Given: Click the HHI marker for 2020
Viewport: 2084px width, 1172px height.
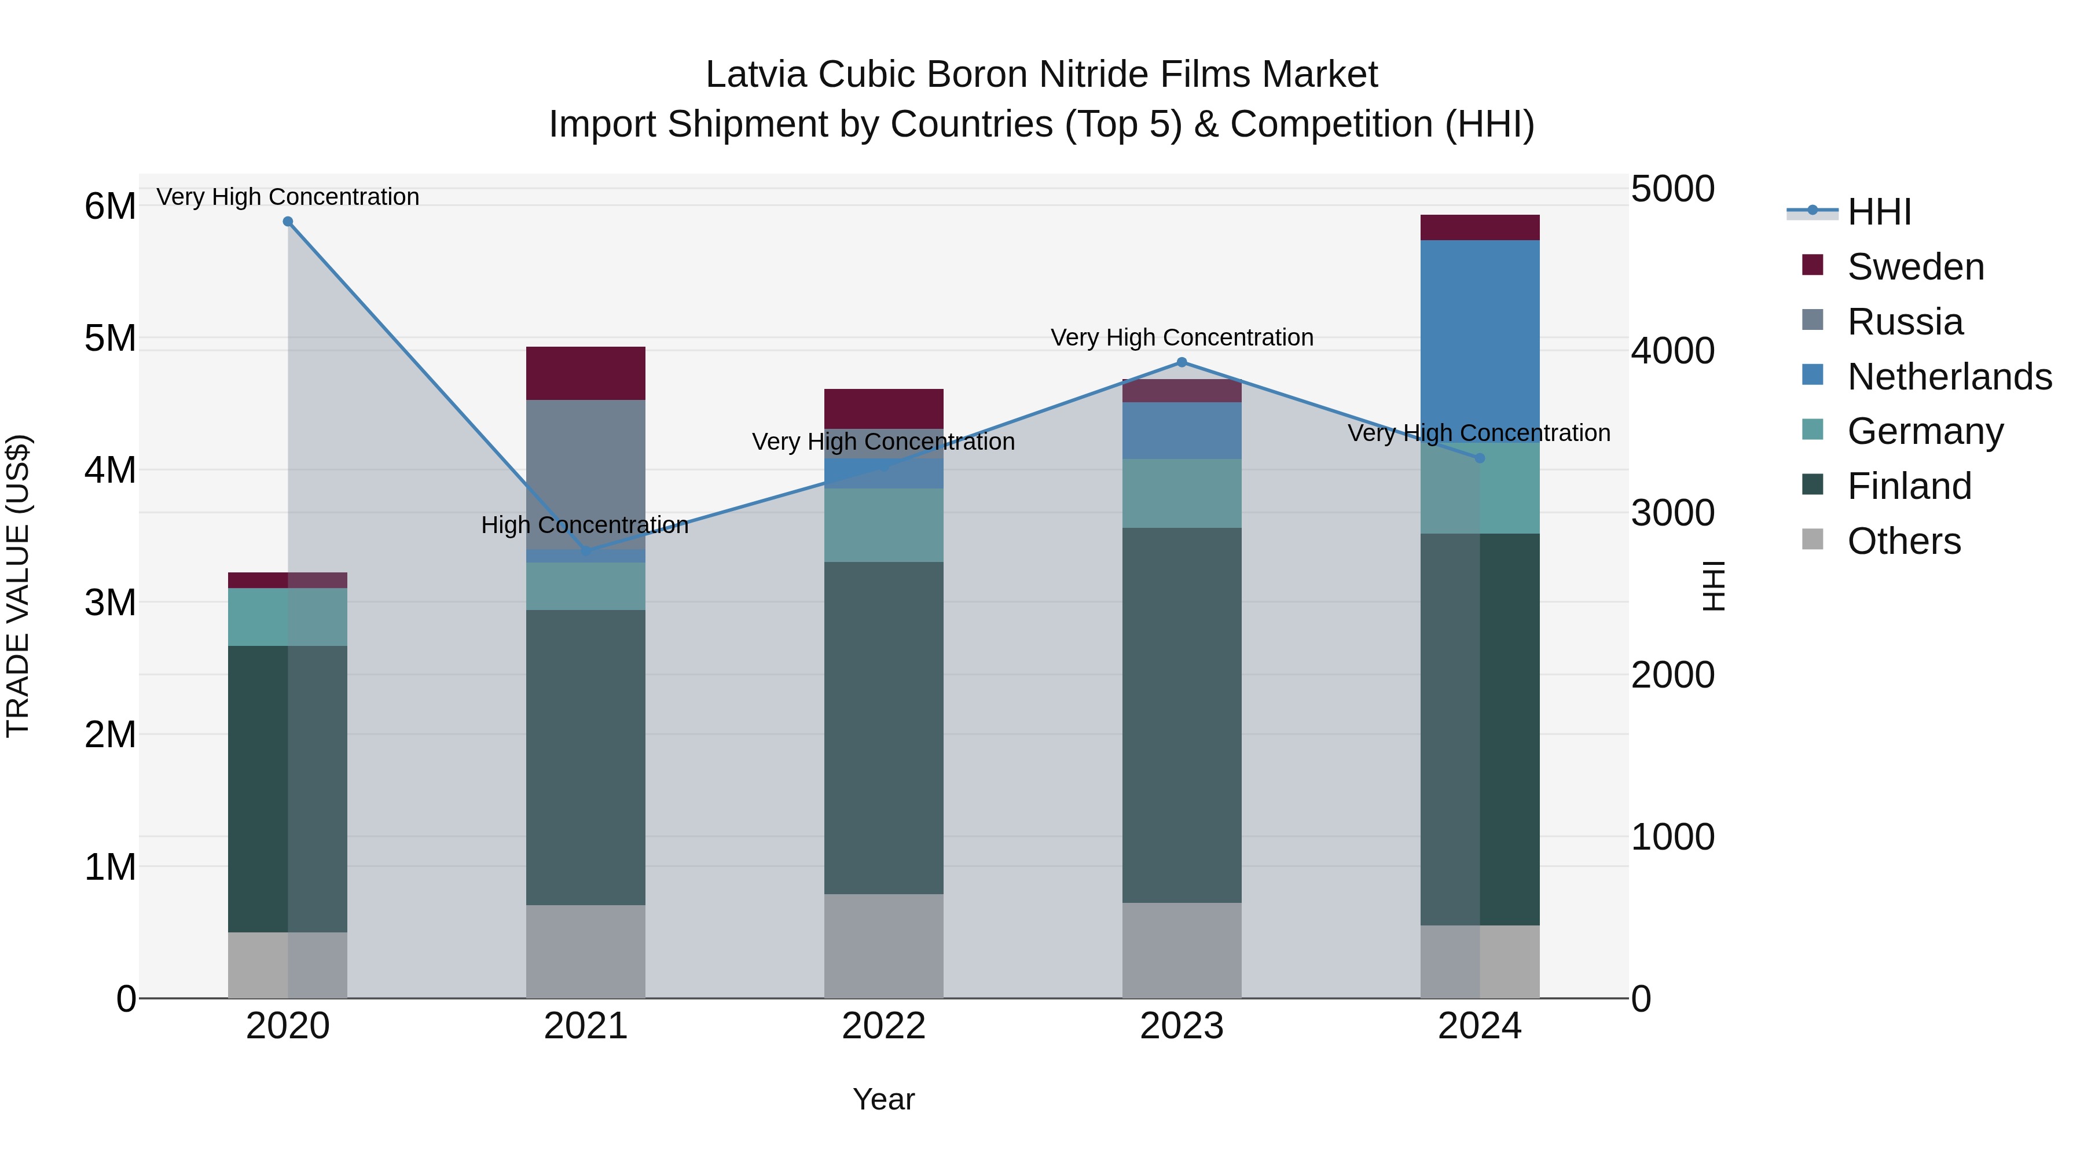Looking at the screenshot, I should (x=288, y=222).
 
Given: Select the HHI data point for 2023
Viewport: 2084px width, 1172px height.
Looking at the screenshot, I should (x=1181, y=362).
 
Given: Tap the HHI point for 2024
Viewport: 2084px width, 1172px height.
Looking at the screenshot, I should (x=1480, y=458).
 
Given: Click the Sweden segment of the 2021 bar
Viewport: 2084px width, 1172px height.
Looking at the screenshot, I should (x=586, y=373).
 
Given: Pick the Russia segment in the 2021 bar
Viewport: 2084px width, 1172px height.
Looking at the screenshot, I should (x=586, y=473).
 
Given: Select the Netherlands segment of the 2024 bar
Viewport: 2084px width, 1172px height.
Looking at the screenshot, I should (x=1480, y=340).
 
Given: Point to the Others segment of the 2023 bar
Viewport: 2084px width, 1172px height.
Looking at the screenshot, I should (x=1181, y=950).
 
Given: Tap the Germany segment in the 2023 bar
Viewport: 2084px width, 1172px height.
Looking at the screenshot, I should (x=1181, y=493).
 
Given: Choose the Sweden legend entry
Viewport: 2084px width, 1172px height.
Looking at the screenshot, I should (x=1915, y=267).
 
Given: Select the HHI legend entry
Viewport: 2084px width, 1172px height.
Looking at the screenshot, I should (x=1878, y=212).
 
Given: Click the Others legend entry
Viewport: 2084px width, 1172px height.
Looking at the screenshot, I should (x=1903, y=541).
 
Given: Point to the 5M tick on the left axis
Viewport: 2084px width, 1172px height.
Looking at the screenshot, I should (x=110, y=338).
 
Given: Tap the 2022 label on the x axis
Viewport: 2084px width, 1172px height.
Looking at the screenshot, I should (x=883, y=1026).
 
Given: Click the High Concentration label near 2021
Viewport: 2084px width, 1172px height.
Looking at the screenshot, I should (x=584, y=525).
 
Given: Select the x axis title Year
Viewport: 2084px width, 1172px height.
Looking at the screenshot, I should (x=883, y=1099).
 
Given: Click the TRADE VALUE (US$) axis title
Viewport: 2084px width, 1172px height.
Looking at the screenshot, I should (x=18, y=586).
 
